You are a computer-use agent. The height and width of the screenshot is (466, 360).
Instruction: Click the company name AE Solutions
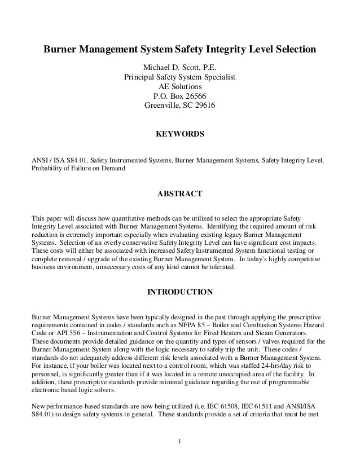pyautogui.click(x=179, y=87)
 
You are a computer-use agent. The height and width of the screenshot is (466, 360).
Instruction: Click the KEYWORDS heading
pyautogui.click(x=179, y=135)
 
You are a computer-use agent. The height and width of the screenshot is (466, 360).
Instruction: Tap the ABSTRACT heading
pyautogui.click(x=179, y=194)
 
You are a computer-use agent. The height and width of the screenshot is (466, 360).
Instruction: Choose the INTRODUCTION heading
pyautogui.click(x=179, y=292)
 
